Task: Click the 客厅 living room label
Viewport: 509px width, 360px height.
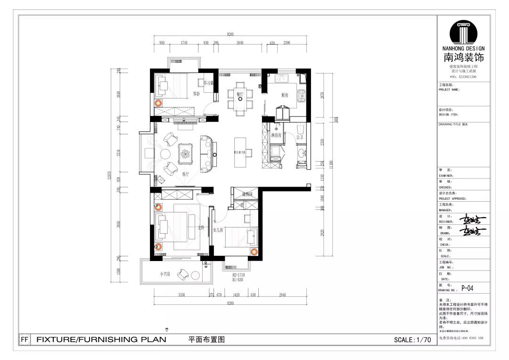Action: pos(185,174)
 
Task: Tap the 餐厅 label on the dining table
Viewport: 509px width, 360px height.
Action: pos(240,94)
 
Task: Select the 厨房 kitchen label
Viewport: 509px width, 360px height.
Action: pos(285,95)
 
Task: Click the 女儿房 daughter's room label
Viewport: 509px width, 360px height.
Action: pos(218,230)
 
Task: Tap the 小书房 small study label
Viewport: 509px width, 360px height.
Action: pos(164,274)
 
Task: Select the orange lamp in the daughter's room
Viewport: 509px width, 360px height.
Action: pos(254,251)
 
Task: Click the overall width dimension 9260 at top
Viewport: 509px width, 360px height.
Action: pos(230,34)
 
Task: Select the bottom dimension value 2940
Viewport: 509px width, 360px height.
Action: pos(282,295)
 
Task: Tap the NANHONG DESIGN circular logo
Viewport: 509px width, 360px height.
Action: pos(463,33)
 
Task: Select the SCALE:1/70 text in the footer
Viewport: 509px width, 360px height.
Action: pos(412,340)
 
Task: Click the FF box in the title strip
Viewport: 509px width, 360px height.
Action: pos(25,339)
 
